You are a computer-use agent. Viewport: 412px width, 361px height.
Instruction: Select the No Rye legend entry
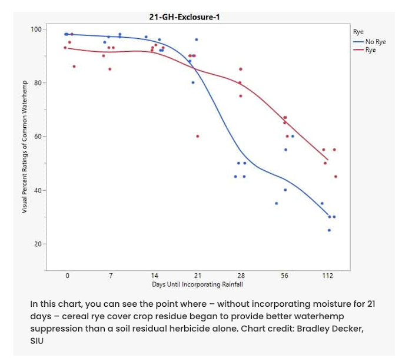(x=376, y=42)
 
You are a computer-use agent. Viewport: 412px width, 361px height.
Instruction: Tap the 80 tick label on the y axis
(x=38, y=83)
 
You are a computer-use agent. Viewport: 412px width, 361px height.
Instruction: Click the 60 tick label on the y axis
(x=38, y=137)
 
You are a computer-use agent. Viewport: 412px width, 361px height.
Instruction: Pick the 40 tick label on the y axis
(x=38, y=191)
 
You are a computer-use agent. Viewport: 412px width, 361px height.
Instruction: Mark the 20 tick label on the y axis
(x=38, y=244)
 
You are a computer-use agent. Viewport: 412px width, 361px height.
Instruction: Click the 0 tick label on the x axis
(x=67, y=276)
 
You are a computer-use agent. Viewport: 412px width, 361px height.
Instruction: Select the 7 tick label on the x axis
(x=111, y=276)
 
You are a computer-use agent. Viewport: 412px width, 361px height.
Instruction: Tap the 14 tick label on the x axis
(x=154, y=276)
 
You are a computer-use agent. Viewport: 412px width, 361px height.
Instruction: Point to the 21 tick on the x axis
(x=197, y=276)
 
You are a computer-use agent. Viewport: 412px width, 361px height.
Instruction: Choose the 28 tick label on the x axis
(x=241, y=276)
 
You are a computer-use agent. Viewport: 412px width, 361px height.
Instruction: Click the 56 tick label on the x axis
(x=284, y=276)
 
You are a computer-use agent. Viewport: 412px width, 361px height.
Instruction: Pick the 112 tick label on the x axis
(x=328, y=276)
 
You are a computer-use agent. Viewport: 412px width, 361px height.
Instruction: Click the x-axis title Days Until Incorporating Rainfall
(x=197, y=284)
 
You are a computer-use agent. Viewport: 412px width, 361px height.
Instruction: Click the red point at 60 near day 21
(x=198, y=136)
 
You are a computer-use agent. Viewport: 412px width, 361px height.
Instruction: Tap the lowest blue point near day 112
(x=329, y=230)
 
